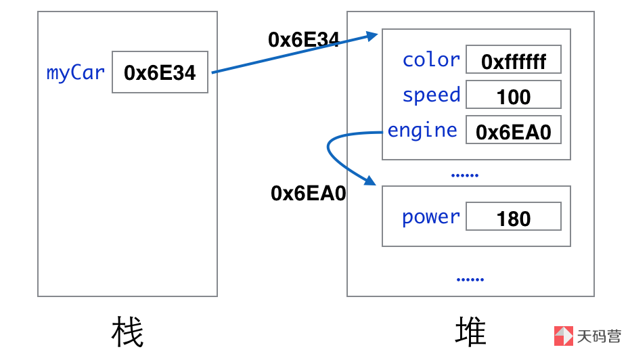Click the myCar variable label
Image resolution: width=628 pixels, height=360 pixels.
click(76, 72)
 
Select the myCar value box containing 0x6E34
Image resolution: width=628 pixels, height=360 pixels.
click(160, 72)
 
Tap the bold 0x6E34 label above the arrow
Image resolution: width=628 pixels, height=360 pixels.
click(303, 41)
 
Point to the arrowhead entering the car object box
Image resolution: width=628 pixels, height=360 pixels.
click(372, 35)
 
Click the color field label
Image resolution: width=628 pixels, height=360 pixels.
click(431, 60)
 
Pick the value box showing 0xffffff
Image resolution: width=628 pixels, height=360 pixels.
click(514, 61)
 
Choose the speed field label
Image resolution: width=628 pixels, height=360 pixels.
click(431, 95)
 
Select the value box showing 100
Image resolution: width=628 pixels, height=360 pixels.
click(514, 96)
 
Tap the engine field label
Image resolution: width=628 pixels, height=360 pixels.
click(422, 130)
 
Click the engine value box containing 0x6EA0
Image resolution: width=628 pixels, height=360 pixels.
click(514, 131)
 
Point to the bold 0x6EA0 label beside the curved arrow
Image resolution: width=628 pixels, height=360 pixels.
click(309, 194)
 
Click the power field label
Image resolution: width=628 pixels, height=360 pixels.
click(431, 217)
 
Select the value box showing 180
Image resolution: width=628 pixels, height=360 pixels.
click(514, 218)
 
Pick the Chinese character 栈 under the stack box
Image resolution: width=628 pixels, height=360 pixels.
click(127, 332)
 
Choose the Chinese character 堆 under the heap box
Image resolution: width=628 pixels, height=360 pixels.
click(470, 332)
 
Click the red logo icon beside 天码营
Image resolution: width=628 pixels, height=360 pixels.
click(564, 336)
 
